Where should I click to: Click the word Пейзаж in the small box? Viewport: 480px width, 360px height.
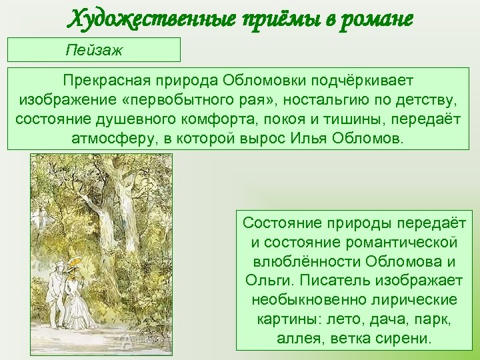[x=95, y=50]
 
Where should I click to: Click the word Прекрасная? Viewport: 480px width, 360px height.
[x=108, y=81]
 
